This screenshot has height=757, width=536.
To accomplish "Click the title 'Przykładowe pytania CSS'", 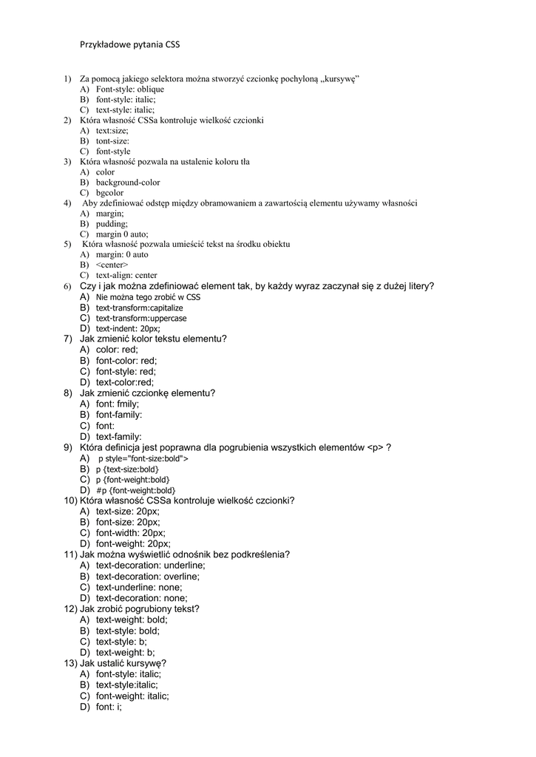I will (x=129, y=44).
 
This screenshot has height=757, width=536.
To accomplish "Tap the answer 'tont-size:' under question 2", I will (x=112, y=140).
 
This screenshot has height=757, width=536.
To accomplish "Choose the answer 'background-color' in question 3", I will (x=128, y=183).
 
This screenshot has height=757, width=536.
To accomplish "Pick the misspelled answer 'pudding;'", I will (x=112, y=223).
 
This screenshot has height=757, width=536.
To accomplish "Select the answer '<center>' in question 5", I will (x=112, y=265).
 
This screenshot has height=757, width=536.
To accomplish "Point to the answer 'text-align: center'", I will (x=126, y=275).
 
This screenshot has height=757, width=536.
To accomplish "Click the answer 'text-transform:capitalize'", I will (x=139, y=308).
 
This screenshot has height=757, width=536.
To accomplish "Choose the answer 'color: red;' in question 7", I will (x=117, y=350).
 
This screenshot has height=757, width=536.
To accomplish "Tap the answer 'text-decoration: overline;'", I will (x=148, y=577).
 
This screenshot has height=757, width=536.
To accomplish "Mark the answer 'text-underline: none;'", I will (x=139, y=587).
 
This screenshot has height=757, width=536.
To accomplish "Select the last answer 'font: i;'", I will (x=109, y=707).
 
